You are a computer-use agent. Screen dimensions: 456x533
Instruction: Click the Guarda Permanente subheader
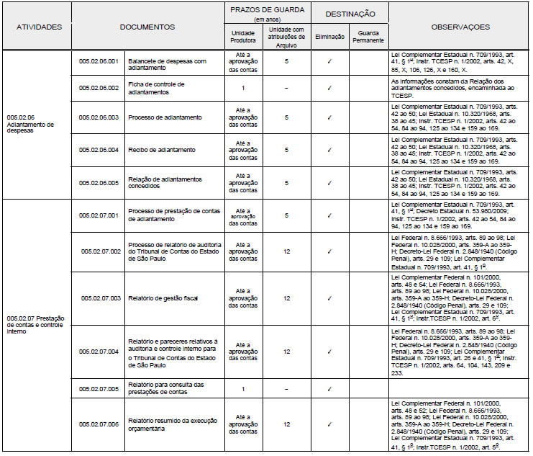pyautogui.click(x=367, y=37)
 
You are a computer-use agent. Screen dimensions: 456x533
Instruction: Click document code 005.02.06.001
pyautogui.click(x=98, y=61)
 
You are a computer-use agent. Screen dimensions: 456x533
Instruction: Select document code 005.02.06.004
pyautogui.click(x=98, y=150)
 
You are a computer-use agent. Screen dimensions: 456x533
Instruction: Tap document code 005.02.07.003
pyautogui.click(x=99, y=297)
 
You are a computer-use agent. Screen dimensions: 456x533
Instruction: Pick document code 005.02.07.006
pyautogui.click(x=99, y=424)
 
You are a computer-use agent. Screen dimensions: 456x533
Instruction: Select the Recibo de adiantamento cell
pyautogui.click(x=161, y=150)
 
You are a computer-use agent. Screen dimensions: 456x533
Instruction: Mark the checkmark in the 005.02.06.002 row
pyautogui.click(x=329, y=88)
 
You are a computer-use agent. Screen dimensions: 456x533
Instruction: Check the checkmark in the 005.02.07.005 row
pyautogui.click(x=329, y=389)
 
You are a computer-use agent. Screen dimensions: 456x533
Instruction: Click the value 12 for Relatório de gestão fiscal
pyautogui.click(x=287, y=297)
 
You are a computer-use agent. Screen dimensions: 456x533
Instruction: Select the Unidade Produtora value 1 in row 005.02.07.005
pyautogui.click(x=244, y=389)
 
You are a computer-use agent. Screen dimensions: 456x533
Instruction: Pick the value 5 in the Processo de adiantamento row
pyautogui.click(x=286, y=117)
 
